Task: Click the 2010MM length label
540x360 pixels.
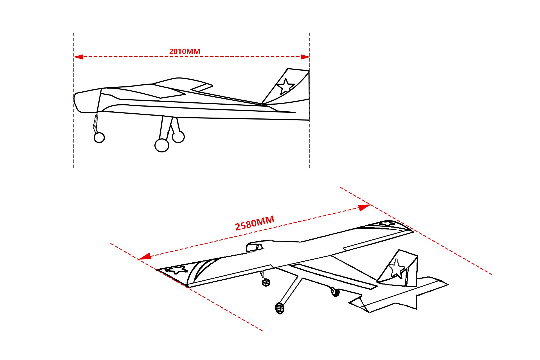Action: [184, 51]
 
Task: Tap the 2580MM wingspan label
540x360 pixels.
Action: [255, 223]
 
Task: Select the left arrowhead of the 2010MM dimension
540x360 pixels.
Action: [78, 57]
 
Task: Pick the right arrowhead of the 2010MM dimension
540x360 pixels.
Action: [305, 57]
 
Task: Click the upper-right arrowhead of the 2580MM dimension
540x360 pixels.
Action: [365, 208]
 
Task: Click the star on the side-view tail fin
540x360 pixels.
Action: [286, 86]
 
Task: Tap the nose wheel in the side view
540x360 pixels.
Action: [99, 138]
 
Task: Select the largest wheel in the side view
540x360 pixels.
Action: [162, 145]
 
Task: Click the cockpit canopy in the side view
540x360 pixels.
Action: [182, 85]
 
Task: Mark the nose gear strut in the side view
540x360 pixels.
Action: [95, 123]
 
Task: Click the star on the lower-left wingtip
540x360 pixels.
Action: [177, 270]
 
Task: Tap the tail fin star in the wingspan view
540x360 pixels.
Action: [397, 268]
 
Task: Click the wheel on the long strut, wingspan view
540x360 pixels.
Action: [280, 308]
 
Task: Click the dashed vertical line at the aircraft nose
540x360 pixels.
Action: [74, 100]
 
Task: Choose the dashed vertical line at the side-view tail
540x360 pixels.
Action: [310, 100]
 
